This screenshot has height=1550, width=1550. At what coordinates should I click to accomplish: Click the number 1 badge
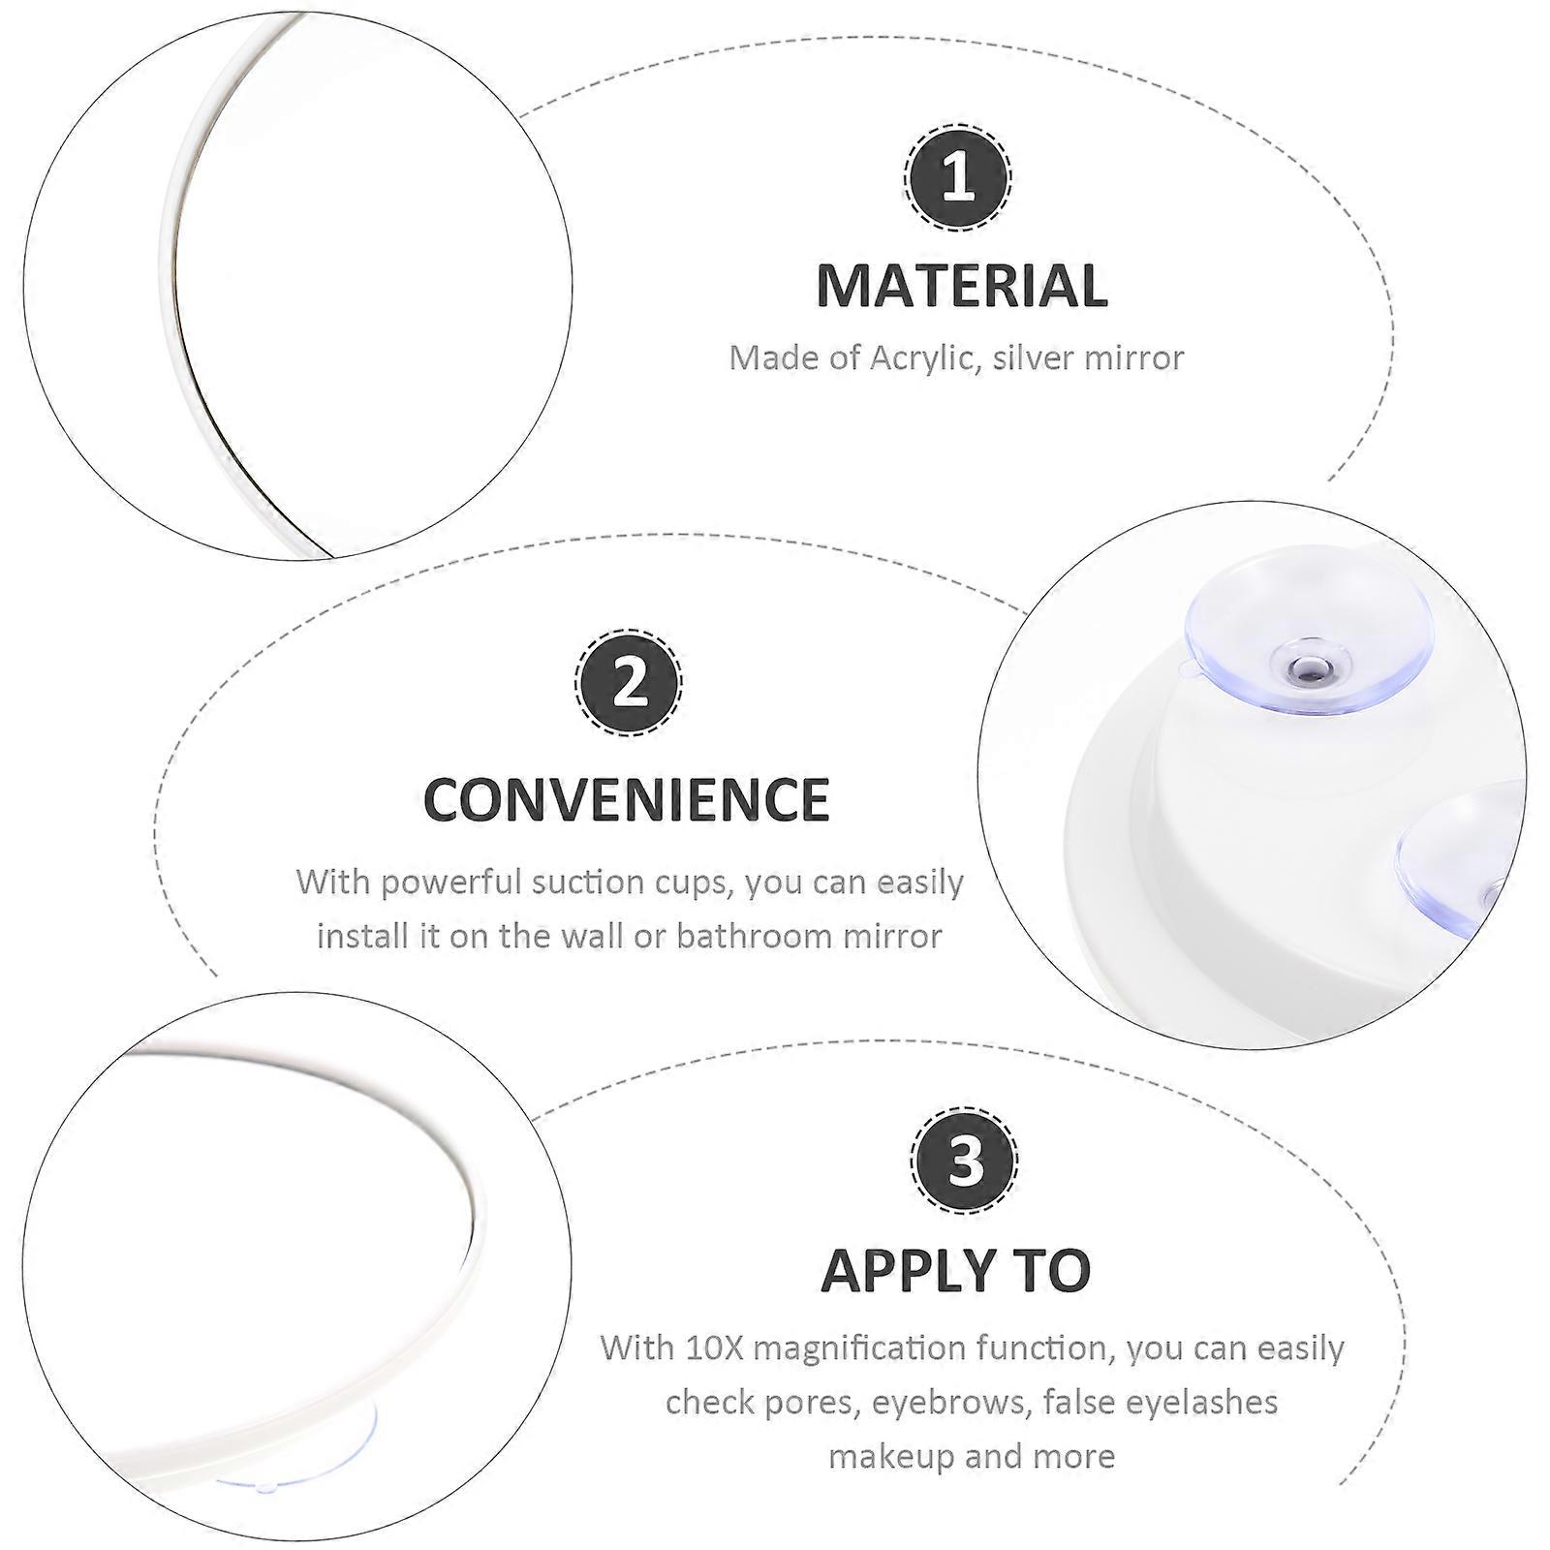pyautogui.click(x=957, y=178)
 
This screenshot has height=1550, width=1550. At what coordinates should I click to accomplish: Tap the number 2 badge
pyautogui.click(x=629, y=682)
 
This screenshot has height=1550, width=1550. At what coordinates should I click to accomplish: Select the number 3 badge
pyautogui.click(x=964, y=1159)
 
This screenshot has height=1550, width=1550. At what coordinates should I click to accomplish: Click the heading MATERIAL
pyautogui.click(x=962, y=286)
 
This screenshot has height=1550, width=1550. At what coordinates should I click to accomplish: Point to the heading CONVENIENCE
pyautogui.click(x=627, y=799)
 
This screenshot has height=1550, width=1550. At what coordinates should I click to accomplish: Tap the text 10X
pyautogui.click(x=715, y=1348)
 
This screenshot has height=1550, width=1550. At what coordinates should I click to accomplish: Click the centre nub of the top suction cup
pyautogui.click(x=1311, y=665)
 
